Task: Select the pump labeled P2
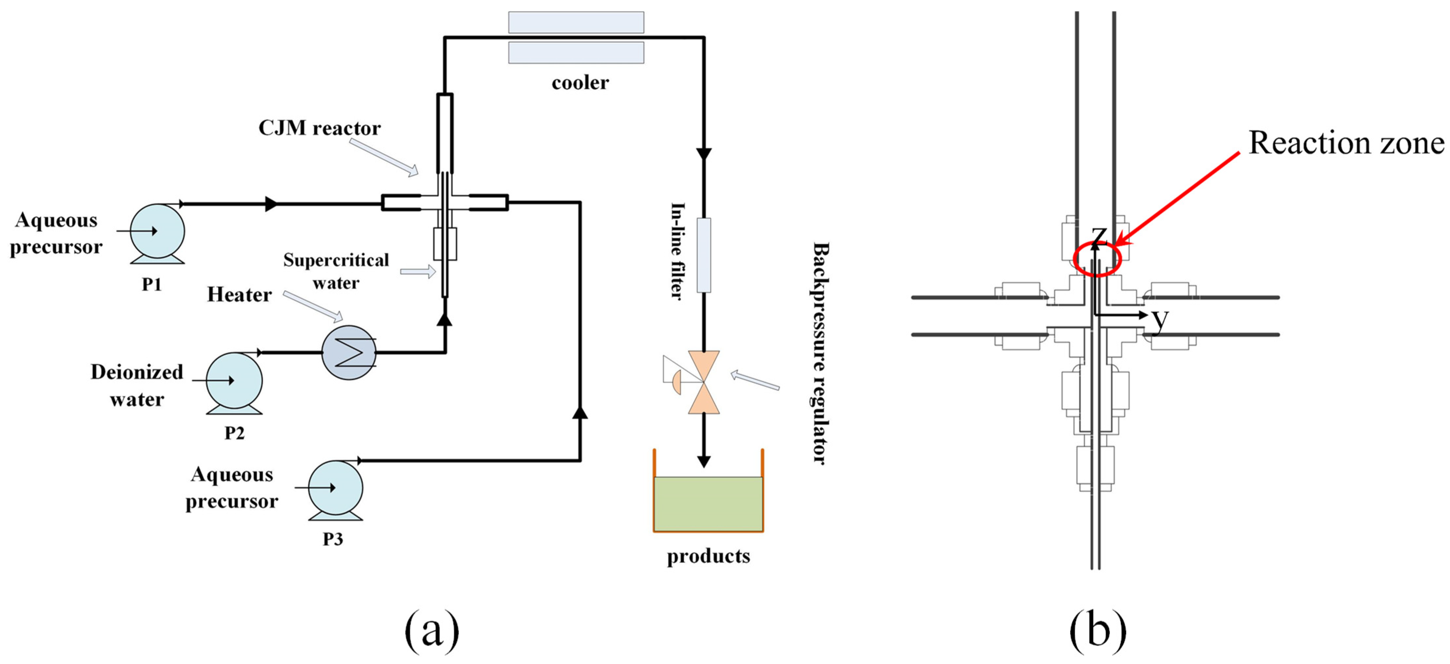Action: pos(234,381)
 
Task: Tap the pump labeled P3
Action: pos(335,488)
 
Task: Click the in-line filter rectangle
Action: pos(703,255)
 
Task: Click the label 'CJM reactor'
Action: pos(319,128)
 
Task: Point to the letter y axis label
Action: pos(1160,320)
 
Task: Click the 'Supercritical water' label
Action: pos(336,271)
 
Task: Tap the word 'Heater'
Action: pos(239,295)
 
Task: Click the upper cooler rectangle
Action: pos(576,23)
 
